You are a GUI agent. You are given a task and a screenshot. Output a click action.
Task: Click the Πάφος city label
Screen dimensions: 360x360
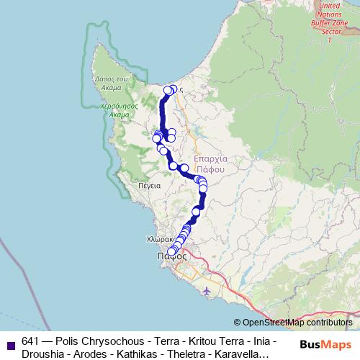click(171, 256)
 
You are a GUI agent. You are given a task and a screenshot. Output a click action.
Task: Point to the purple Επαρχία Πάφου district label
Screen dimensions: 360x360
click(211, 164)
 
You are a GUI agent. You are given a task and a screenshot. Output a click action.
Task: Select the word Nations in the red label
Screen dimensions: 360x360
click(330, 14)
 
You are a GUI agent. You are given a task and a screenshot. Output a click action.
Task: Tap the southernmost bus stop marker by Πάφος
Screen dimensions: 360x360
click(171, 252)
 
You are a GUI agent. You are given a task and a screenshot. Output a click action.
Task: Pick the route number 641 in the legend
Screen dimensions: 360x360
click(31, 341)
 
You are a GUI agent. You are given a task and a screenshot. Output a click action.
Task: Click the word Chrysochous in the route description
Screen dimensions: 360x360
click(110, 341)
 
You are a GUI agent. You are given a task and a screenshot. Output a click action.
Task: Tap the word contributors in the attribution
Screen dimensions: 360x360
click(327, 323)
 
